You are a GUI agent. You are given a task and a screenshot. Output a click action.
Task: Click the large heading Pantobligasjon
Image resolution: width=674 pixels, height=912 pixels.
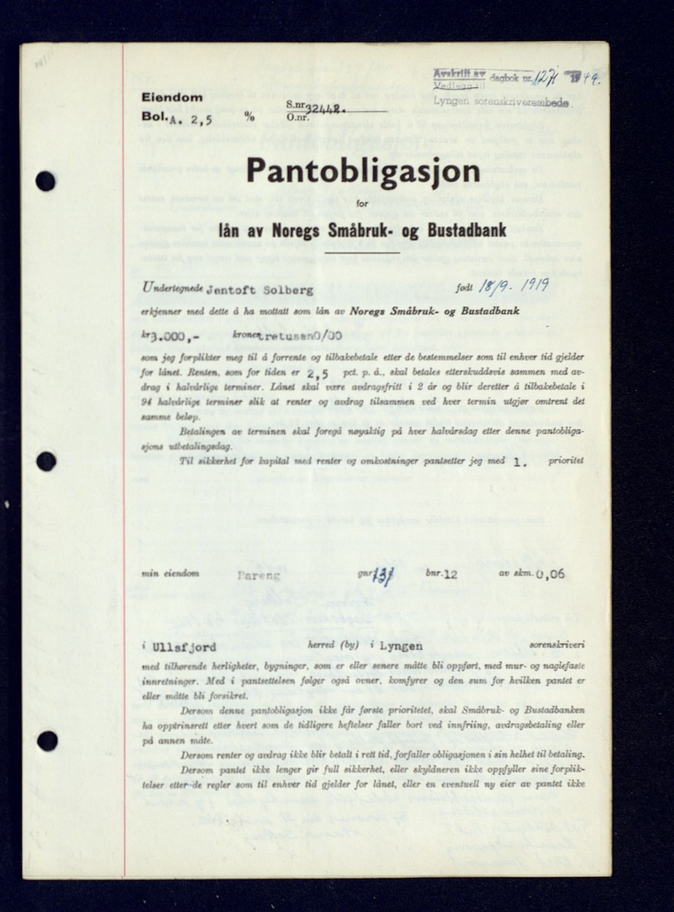(x=363, y=171)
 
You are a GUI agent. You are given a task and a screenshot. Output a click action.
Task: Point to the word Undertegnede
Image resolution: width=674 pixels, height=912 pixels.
(x=172, y=288)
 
